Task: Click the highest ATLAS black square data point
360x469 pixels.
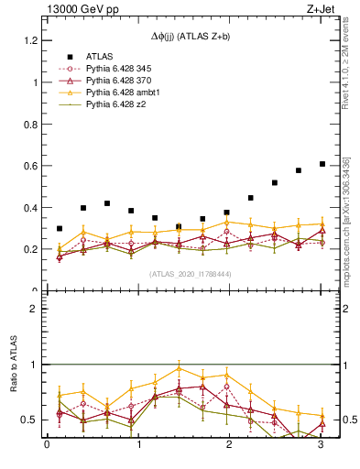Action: tap(322, 164)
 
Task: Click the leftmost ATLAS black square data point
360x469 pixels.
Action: tap(60, 229)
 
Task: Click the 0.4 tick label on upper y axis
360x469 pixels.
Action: tap(29, 208)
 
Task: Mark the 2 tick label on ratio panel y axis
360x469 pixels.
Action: tap(33, 309)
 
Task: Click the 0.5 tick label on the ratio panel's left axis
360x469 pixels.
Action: tap(29, 420)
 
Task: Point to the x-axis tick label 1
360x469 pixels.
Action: tap(138, 446)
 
